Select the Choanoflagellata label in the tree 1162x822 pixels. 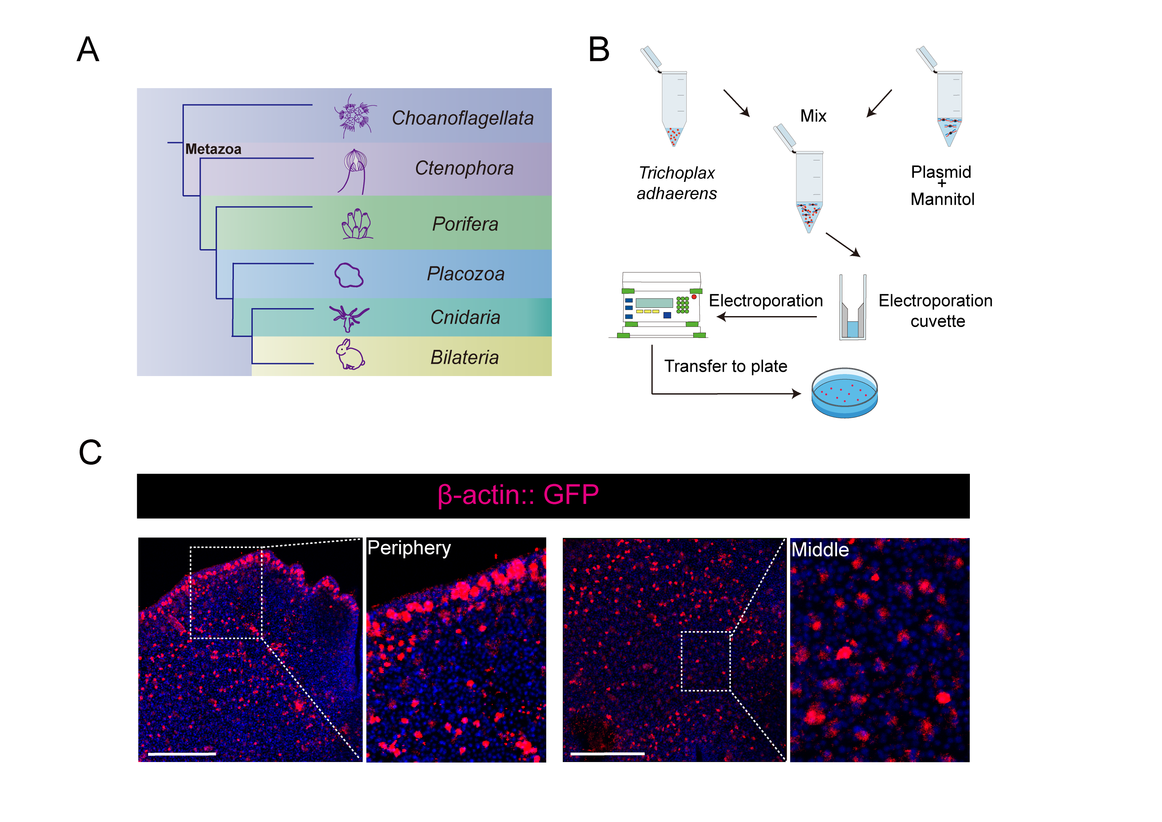click(x=462, y=118)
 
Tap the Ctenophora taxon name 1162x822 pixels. click(x=464, y=168)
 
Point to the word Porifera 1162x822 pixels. click(x=465, y=224)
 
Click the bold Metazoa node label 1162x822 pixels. click(x=213, y=149)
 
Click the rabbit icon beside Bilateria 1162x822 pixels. click(x=350, y=355)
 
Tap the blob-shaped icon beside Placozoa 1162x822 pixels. click(x=349, y=275)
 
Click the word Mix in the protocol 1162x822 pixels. click(x=813, y=116)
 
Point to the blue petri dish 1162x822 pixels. click(x=844, y=393)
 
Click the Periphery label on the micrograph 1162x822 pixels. click(x=409, y=548)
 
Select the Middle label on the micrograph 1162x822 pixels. click(x=820, y=550)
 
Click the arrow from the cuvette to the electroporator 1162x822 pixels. click(x=767, y=317)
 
